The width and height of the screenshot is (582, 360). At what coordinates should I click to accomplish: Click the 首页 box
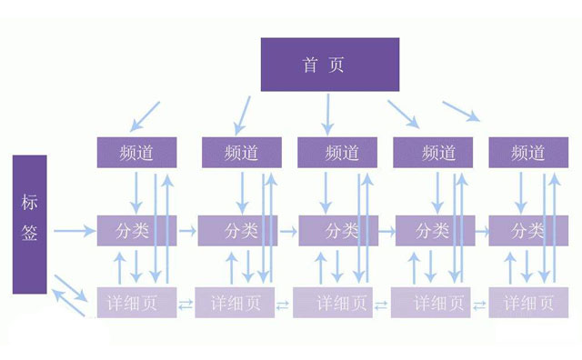329,65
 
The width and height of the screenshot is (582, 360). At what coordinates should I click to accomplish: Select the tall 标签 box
29,224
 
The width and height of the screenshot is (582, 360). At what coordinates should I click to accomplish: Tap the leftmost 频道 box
137,153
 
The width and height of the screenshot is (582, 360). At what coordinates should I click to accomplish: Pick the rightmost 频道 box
528,153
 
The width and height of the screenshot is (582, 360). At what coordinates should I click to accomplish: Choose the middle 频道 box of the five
337,153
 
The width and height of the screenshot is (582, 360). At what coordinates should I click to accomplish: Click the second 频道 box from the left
240,153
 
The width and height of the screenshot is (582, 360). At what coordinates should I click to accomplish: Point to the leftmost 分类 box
137,231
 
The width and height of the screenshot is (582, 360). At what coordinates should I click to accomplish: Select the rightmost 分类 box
528,231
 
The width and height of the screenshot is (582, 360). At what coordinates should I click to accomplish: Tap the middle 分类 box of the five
337,231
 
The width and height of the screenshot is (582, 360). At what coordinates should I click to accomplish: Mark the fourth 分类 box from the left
431,231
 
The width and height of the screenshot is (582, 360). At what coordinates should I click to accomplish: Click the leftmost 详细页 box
137,303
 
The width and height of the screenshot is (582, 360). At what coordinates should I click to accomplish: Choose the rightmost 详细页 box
528,303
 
